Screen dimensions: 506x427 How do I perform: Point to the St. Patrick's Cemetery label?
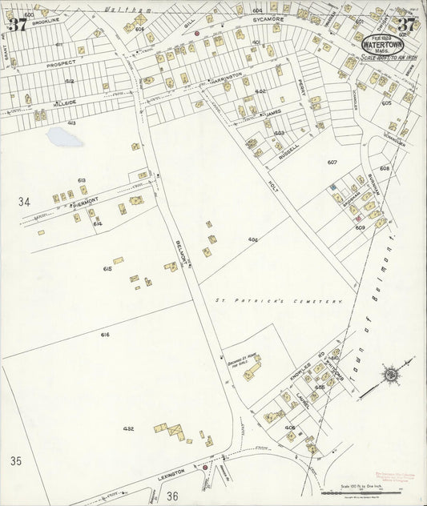tap(278, 301)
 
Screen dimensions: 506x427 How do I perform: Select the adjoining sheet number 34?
tap(25, 202)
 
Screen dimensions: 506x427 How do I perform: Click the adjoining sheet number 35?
tap(17, 461)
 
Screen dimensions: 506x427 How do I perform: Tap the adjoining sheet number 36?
tap(172, 496)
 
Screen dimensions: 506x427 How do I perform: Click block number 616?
tap(104, 334)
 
